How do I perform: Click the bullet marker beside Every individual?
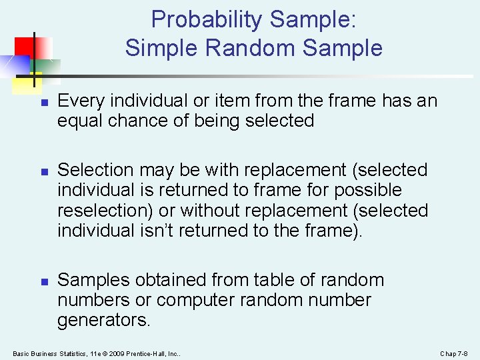(x=42, y=103)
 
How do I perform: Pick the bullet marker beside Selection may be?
(x=42, y=172)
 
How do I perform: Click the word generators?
(x=104, y=320)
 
